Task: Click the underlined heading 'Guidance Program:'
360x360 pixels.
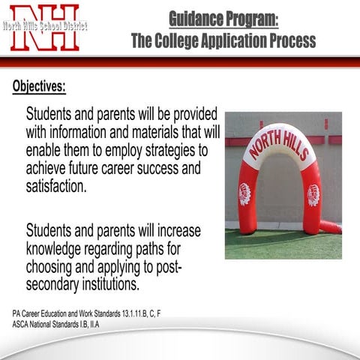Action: (223, 17)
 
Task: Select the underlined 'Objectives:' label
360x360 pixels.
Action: (39, 85)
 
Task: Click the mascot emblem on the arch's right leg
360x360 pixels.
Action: (313, 195)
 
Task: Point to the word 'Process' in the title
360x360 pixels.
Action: (292, 40)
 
